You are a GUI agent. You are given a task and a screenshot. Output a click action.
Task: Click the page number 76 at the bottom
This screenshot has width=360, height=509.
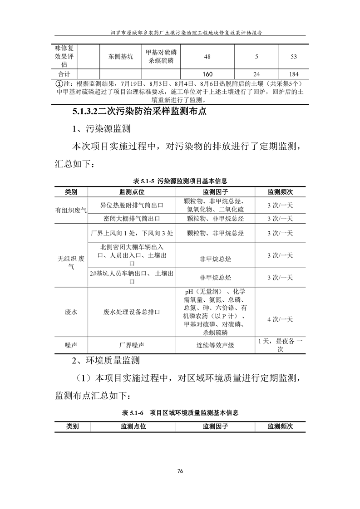click(x=180, y=471)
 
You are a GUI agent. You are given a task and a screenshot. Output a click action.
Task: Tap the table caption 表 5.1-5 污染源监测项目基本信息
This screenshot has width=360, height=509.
click(x=180, y=181)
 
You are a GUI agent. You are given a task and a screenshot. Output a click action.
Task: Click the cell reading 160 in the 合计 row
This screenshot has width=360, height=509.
click(x=207, y=74)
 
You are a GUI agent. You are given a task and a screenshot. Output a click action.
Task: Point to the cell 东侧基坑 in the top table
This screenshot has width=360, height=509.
click(x=121, y=57)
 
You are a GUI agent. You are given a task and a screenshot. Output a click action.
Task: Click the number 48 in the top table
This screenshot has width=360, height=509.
click(x=207, y=57)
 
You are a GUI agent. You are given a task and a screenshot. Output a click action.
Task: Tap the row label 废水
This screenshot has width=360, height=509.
click(x=71, y=313)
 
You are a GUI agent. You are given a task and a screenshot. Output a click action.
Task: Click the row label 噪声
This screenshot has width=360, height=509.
click(x=71, y=345)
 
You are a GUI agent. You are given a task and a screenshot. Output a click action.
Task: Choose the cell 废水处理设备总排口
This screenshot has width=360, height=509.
click(x=132, y=313)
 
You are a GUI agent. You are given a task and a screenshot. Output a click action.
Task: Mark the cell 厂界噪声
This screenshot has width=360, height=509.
click(x=132, y=345)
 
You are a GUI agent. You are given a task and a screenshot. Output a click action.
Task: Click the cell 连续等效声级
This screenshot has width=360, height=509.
click(x=215, y=345)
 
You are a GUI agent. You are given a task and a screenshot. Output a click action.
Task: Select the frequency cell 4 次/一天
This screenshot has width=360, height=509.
click(x=280, y=319)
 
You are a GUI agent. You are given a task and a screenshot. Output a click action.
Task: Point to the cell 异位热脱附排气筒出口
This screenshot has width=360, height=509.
click(x=132, y=206)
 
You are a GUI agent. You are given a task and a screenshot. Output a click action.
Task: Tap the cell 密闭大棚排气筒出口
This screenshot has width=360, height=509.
click(x=132, y=219)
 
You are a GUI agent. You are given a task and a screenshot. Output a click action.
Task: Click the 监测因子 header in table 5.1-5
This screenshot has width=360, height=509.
click(x=215, y=192)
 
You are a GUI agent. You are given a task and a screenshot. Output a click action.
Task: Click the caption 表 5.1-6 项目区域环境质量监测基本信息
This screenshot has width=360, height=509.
click(x=180, y=413)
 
